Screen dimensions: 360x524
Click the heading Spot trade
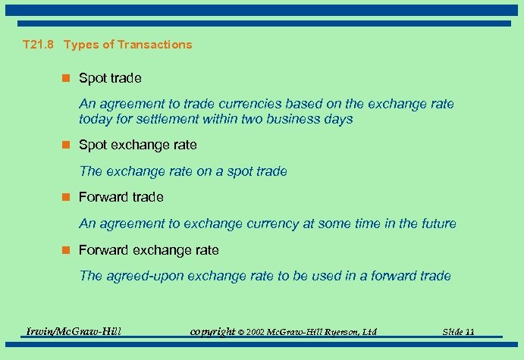pyautogui.click(x=110, y=78)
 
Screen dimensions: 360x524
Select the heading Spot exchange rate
pyautogui.click(x=137, y=145)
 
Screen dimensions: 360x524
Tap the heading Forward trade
pyautogui.click(x=121, y=197)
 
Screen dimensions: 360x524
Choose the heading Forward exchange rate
pyautogui.click(x=149, y=250)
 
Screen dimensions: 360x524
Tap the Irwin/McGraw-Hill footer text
pyautogui.click(x=74, y=331)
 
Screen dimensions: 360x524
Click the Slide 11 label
pyautogui.click(x=458, y=332)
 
